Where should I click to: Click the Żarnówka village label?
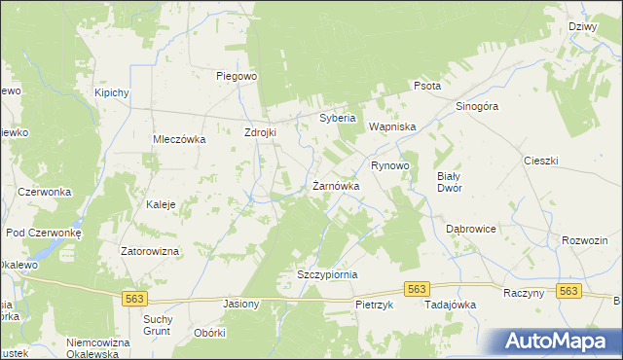336,185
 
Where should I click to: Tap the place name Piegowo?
236,75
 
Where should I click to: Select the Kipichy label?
112,92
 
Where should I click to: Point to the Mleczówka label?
178,139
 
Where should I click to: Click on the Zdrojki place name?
262,132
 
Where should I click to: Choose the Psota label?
427,86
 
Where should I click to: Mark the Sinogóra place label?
477,106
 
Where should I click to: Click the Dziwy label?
582,27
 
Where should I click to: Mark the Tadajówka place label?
450,305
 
